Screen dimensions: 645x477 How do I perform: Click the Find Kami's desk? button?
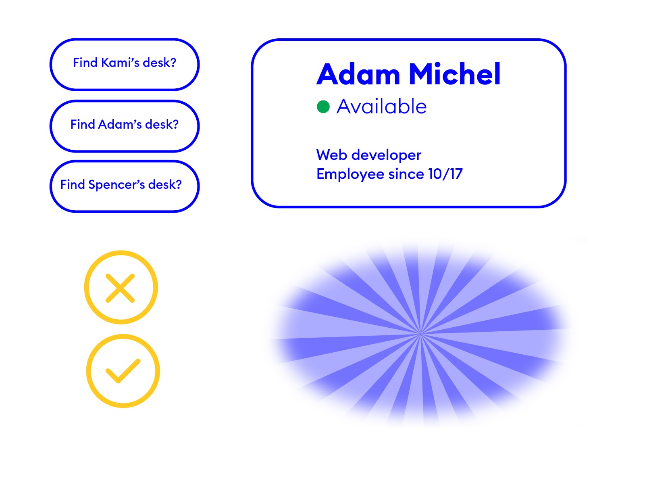pos(125,64)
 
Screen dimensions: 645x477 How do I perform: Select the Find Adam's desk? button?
pos(125,126)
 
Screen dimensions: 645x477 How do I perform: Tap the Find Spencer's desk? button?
pos(125,186)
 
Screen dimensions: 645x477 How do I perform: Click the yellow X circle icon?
pos(121,287)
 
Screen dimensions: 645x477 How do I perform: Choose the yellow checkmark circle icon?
pos(123,371)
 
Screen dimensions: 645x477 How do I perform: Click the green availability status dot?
pos(323,107)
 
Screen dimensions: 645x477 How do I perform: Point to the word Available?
pos(381,106)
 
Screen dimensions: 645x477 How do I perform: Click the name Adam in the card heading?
pos(358,74)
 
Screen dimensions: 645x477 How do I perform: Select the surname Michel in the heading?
pos(455,74)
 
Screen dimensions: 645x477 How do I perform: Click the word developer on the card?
pos(386,155)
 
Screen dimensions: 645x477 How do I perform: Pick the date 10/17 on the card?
pos(445,174)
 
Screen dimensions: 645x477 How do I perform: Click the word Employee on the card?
pos(350,175)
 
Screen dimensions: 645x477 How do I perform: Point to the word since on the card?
pos(406,174)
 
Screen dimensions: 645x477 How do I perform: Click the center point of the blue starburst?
pos(420,333)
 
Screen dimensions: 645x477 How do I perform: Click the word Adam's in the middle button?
pos(120,124)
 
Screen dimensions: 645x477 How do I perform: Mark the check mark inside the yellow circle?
pos(123,371)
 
